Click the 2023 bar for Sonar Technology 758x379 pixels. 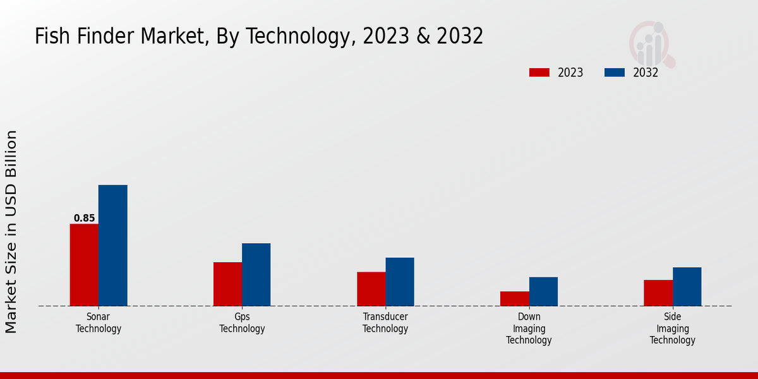(84, 265)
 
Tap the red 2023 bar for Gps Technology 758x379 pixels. (227, 284)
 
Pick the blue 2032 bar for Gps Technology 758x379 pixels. (256, 274)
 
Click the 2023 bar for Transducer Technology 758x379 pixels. (371, 289)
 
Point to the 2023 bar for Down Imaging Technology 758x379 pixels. (514, 298)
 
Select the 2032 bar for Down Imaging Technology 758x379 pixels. (543, 291)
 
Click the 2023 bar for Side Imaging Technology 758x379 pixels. (658, 292)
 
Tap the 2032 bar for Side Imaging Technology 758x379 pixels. (687, 286)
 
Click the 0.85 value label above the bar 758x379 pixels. (84, 219)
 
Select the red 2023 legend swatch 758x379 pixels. (539, 73)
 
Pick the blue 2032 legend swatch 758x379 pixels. (614, 73)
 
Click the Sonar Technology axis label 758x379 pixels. (99, 323)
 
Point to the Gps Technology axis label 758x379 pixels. (242, 323)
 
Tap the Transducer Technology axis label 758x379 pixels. (385, 323)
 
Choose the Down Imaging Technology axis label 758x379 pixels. (529, 328)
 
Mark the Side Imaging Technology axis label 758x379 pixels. (673, 328)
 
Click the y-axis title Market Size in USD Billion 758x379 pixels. (11, 231)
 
